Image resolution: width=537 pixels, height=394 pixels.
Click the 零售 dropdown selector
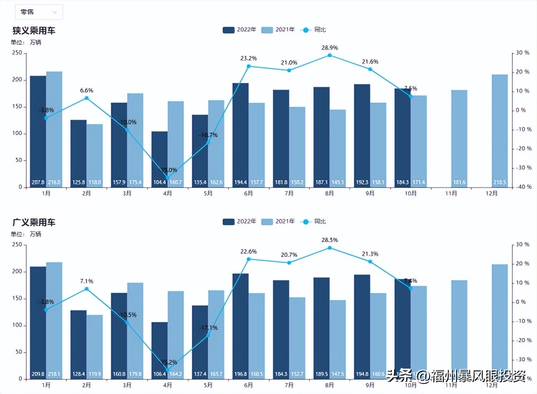[38, 12]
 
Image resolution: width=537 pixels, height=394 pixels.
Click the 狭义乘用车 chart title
[34, 30]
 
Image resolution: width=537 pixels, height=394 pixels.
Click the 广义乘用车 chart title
[34, 222]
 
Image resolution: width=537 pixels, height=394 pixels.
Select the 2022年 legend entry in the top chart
[240, 30]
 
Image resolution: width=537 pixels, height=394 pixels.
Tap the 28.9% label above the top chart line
[329, 48]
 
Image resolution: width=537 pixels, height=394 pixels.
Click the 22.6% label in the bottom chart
[248, 251]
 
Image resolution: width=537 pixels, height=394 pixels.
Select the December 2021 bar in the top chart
[500, 129]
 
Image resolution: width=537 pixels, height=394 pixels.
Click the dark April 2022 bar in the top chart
[160, 159]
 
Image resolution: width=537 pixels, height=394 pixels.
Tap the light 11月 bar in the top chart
[459, 138]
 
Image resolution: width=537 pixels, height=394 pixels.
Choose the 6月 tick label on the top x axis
[248, 193]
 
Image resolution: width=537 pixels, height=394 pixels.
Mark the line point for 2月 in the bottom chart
[86, 289]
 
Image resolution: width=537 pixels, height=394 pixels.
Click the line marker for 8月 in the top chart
[329, 55]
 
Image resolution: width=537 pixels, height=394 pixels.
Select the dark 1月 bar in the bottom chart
[38, 321]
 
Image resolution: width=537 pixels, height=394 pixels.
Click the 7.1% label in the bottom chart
[86, 281]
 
